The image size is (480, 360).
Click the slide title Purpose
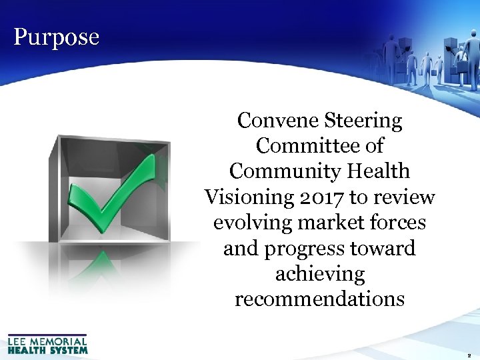coord(56,37)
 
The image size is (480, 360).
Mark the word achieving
coord(319,274)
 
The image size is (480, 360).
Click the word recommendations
coord(319,299)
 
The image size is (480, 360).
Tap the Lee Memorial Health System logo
coord(47,344)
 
